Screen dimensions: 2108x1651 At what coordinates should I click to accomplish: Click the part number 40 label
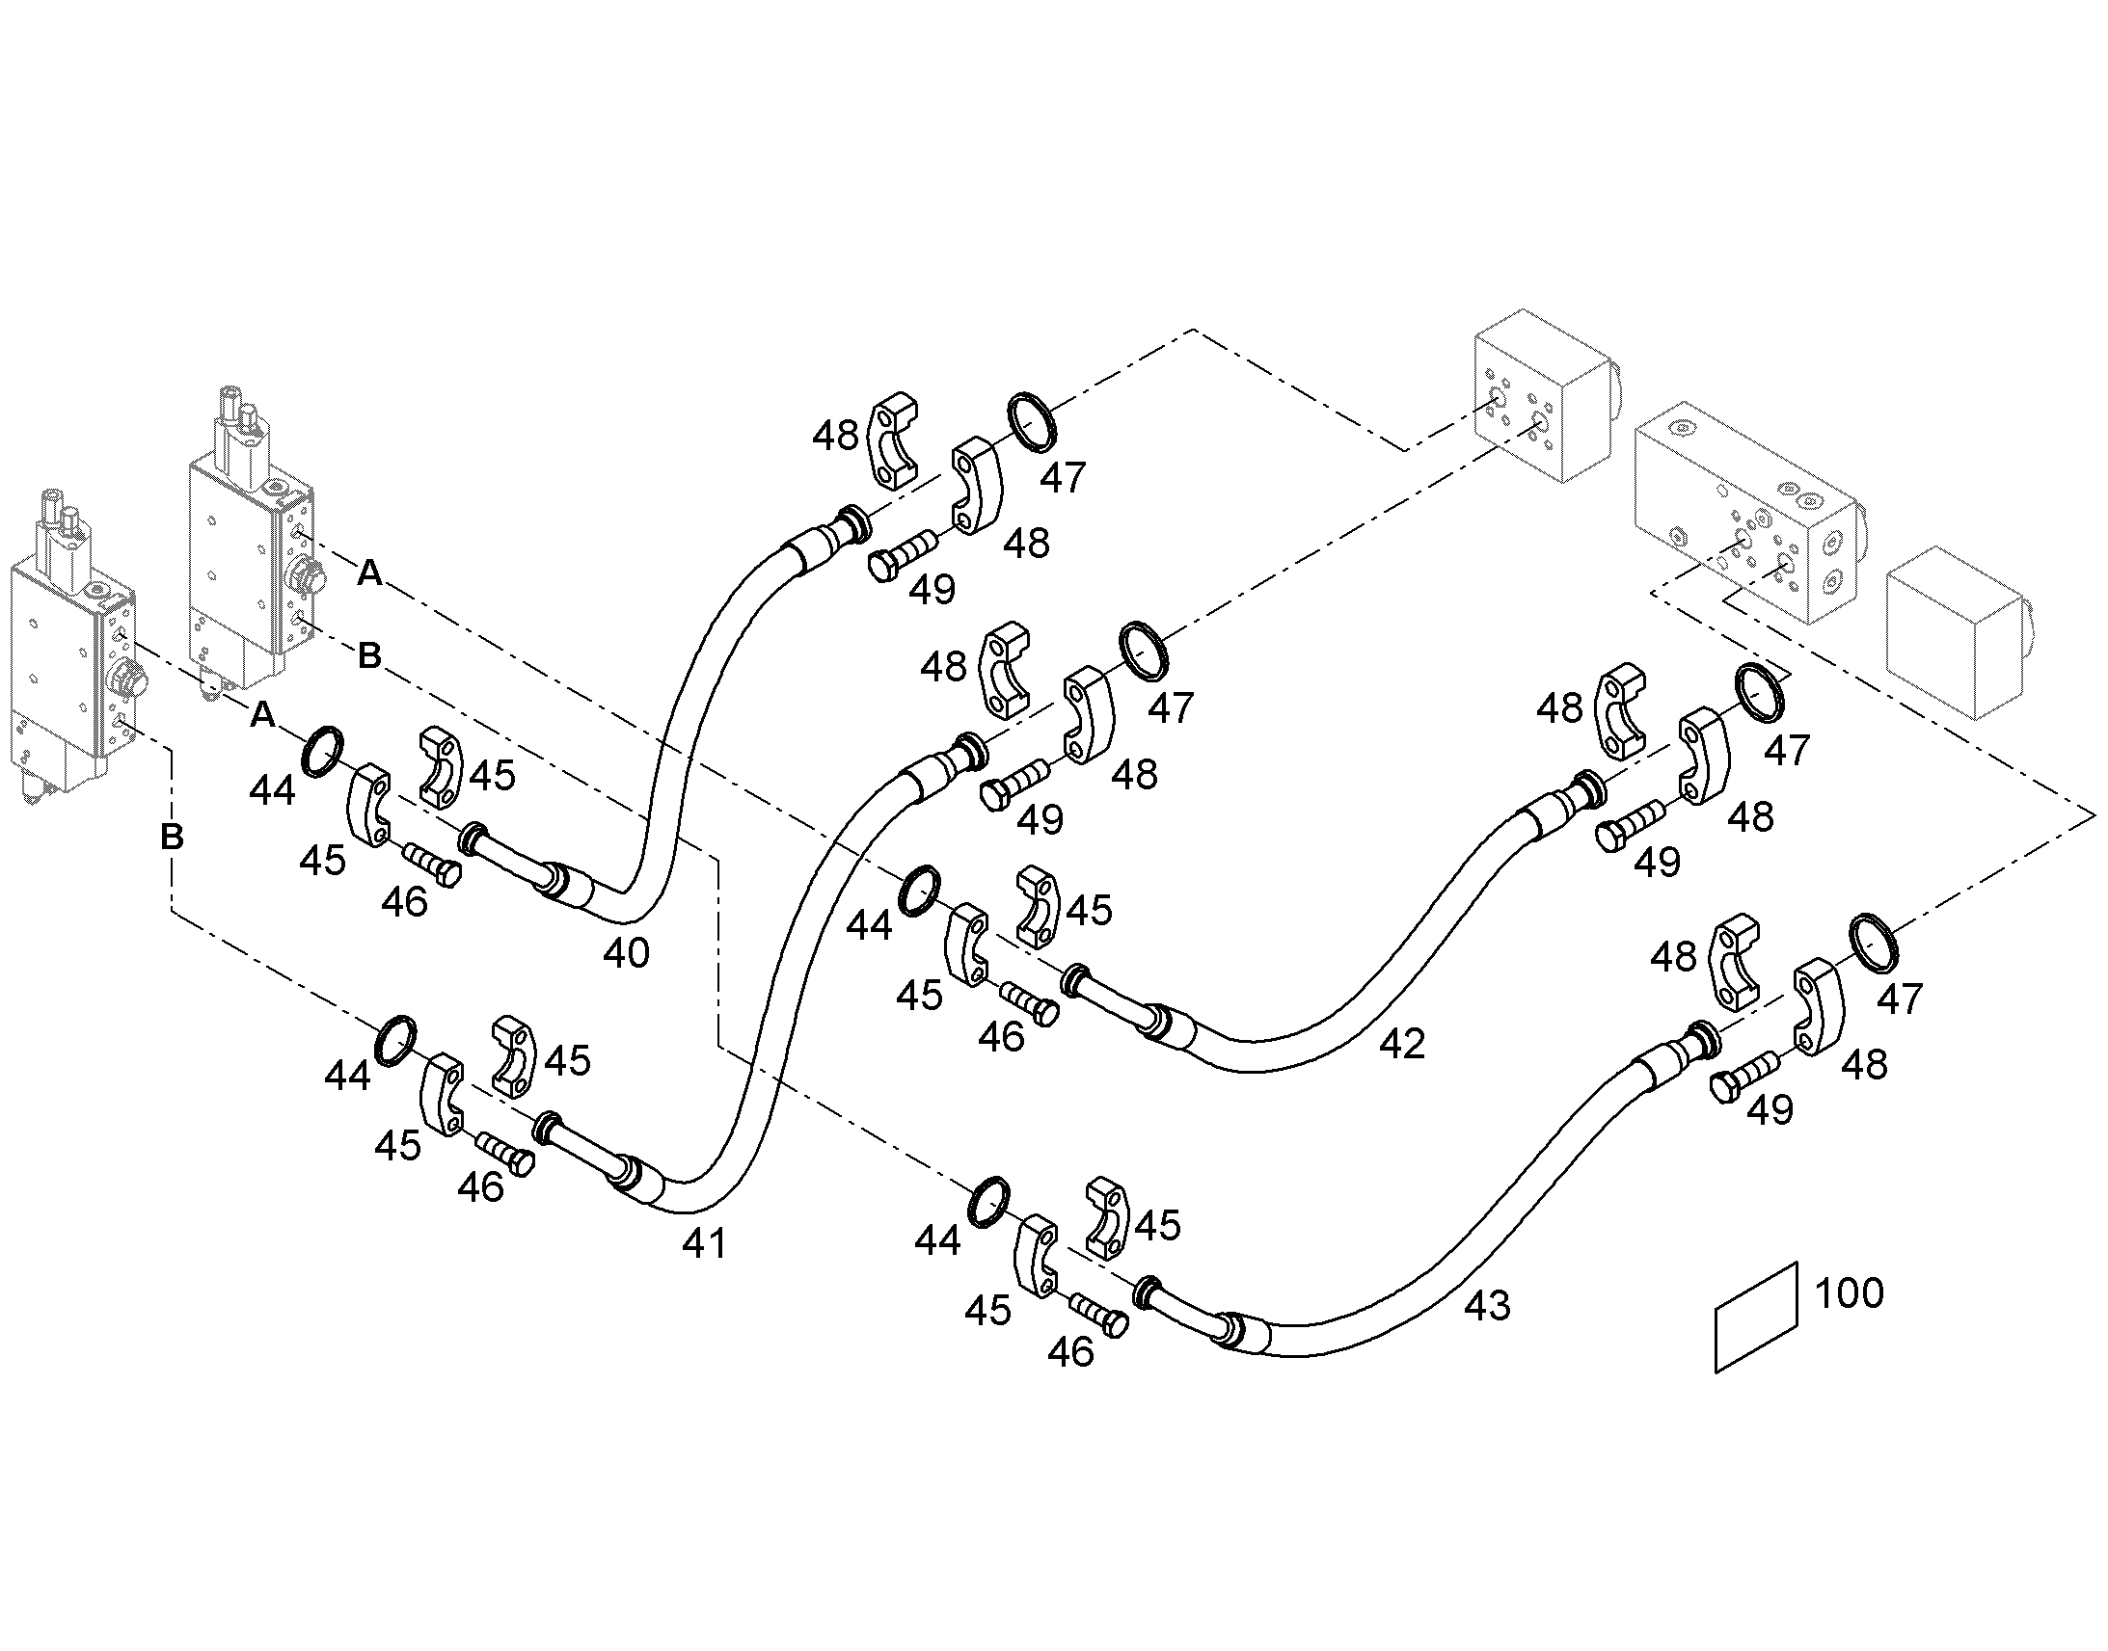coord(626,954)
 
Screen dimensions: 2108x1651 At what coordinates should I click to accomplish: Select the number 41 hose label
coord(704,1244)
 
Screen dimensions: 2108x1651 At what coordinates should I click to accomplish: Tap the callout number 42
coord(1402,1044)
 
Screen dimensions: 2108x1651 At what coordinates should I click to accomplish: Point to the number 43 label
coord(1487,1307)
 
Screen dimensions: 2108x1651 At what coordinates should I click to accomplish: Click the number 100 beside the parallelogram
coord(1850,1293)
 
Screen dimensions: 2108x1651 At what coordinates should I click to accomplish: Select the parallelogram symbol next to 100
coord(1756,1318)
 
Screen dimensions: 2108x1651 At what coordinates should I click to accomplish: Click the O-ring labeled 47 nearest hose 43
coord(1874,942)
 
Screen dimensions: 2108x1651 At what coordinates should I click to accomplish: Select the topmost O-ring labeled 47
coord(1032,422)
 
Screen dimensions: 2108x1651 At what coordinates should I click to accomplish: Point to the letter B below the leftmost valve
coord(172,837)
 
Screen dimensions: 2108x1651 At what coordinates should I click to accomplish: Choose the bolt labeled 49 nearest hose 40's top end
coord(904,555)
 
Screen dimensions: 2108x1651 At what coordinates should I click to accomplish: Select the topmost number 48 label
coord(835,436)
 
